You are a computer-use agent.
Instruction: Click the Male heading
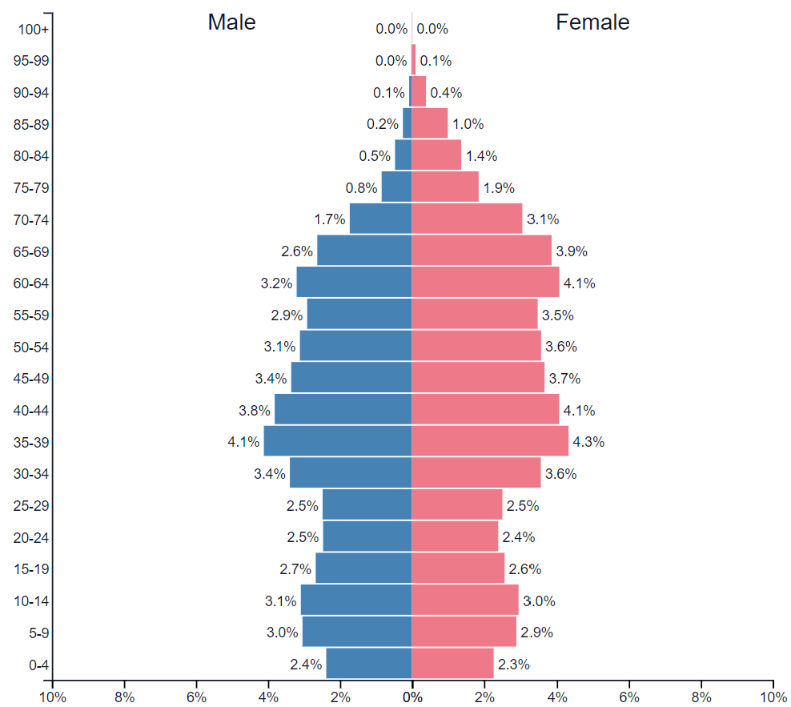(231, 22)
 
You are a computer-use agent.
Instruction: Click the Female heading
(592, 22)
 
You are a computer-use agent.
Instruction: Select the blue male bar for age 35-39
(337, 441)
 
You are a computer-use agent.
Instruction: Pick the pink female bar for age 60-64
(485, 283)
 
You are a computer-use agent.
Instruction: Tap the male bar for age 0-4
(369, 664)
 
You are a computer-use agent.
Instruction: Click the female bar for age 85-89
(430, 124)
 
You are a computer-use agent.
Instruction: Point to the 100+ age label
(33, 30)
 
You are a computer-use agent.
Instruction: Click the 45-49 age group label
(33, 379)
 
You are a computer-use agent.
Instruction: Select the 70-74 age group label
(33, 219)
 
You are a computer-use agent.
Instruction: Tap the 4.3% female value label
(588, 442)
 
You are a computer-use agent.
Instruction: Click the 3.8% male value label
(254, 411)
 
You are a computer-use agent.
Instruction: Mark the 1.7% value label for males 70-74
(330, 219)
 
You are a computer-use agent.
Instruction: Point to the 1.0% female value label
(468, 124)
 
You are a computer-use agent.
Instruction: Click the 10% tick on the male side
(52, 697)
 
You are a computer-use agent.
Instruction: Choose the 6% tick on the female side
(628, 697)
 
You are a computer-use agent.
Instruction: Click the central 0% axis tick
(412, 697)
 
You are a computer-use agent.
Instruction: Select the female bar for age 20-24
(455, 536)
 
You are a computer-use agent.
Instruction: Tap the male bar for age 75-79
(396, 187)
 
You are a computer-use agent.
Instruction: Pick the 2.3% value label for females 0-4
(513, 665)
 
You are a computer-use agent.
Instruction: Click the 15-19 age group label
(33, 569)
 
